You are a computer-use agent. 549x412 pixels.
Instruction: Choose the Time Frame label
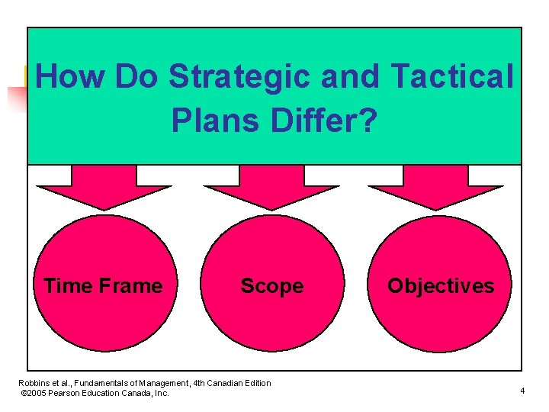click(103, 286)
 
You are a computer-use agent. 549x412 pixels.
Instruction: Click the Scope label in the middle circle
click(272, 286)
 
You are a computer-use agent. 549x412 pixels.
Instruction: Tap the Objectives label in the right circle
click(441, 286)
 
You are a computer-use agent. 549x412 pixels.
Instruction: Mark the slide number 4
click(522, 391)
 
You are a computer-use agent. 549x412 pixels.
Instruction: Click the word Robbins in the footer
click(34, 383)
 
